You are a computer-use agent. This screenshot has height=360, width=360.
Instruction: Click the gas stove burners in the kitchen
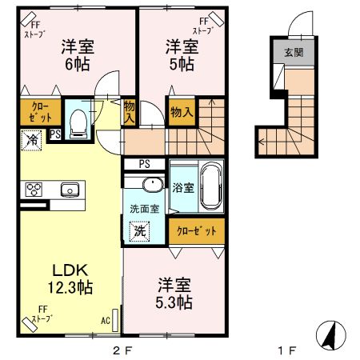[x=35, y=190]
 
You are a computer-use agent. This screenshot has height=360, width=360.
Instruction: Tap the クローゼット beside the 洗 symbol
[x=195, y=230]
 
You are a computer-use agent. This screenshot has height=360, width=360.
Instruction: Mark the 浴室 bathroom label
[x=182, y=189]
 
